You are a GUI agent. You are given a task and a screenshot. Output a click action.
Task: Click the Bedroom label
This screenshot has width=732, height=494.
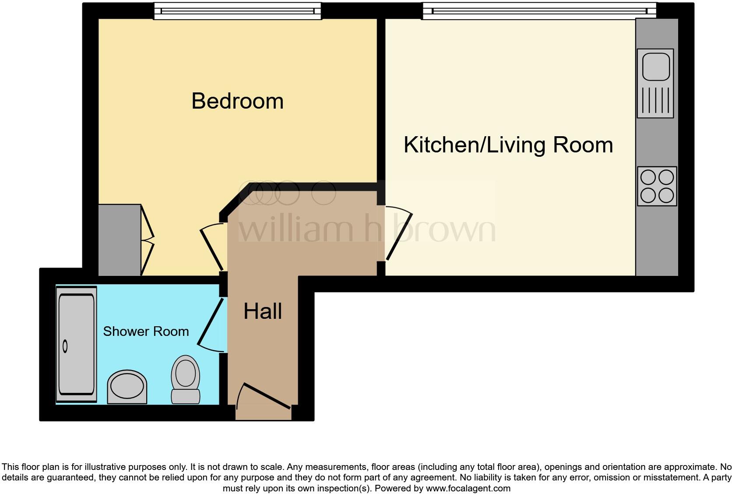click(237, 101)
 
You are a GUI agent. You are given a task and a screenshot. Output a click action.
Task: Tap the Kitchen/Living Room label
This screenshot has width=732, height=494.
click(508, 145)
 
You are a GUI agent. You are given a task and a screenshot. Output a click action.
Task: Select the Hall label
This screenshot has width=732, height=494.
click(263, 311)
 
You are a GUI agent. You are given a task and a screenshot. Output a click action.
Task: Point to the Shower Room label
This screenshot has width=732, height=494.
click(146, 332)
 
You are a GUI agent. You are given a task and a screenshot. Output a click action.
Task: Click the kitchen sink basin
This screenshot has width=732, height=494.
click(655, 66)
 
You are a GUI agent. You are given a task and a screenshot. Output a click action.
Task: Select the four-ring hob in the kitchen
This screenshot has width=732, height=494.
click(657, 186)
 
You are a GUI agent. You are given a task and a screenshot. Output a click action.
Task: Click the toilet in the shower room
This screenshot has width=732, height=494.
click(185, 379)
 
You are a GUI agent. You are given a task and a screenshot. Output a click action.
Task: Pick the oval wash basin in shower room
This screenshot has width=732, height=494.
click(127, 387)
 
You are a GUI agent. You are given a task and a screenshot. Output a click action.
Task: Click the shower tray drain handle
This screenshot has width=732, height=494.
click(65, 346)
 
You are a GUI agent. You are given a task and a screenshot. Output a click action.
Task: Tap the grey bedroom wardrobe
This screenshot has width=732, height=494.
click(119, 240)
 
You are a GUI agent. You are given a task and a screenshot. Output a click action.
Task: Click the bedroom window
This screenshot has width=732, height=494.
click(237, 11)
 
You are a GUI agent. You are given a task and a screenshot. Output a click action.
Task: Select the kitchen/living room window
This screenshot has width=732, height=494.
click(539, 11)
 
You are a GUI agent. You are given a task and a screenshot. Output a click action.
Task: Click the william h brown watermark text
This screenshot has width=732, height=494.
click(367, 229)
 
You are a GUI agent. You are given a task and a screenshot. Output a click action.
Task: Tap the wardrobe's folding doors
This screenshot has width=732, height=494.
click(148, 240)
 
